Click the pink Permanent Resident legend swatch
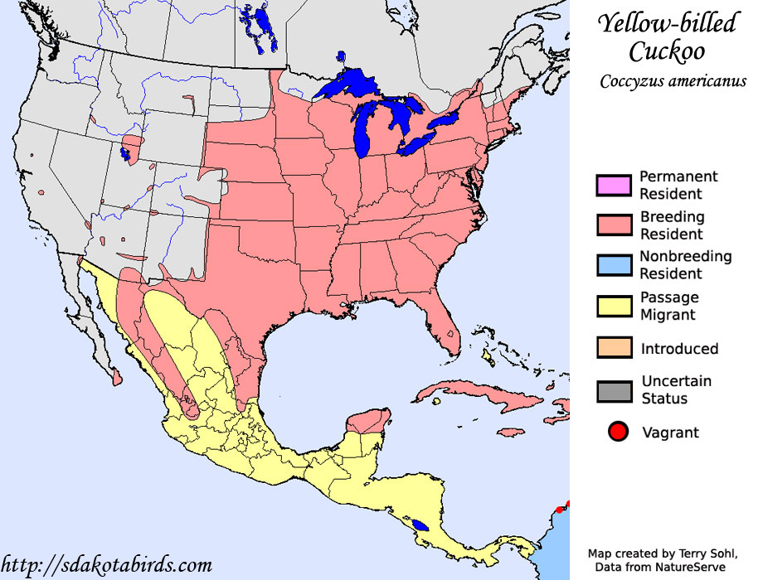point(613,186)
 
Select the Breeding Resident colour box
point(613,225)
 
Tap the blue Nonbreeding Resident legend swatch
point(613,265)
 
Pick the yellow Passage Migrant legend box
point(613,306)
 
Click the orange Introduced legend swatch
point(613,348)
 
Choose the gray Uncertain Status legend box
point(613,390)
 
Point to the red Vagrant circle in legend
point(616,432)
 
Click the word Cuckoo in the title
point(667,51)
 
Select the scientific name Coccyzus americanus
point(673,81)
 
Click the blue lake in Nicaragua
point(421,525)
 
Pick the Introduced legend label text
point(679,349)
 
